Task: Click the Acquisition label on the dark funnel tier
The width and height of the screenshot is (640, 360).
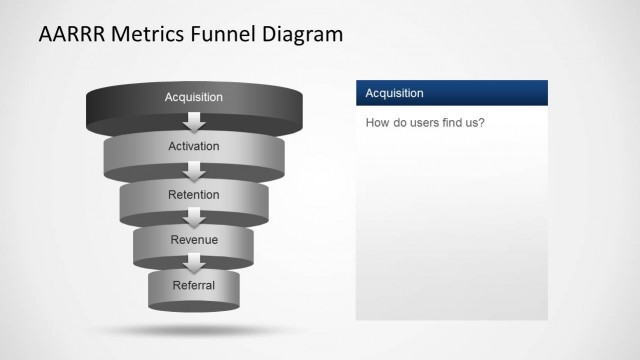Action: (194, 97)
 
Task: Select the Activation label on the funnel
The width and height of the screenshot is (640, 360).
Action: (194, 147)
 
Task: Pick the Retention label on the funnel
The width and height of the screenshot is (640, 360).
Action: (194, 194)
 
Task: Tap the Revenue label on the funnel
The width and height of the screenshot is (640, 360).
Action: (194, 240)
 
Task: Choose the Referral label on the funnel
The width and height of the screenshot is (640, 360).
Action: (194, 285)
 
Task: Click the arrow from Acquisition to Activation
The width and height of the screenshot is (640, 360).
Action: (195, 122)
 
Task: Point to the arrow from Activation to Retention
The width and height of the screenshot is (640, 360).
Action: (195, 171)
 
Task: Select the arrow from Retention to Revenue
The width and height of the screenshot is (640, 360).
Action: (195, 218)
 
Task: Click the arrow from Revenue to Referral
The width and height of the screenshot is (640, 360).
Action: (195, 263)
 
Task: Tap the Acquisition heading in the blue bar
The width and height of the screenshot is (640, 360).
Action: (394, 93)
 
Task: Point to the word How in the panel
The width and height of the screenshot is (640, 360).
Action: (378, 124)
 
